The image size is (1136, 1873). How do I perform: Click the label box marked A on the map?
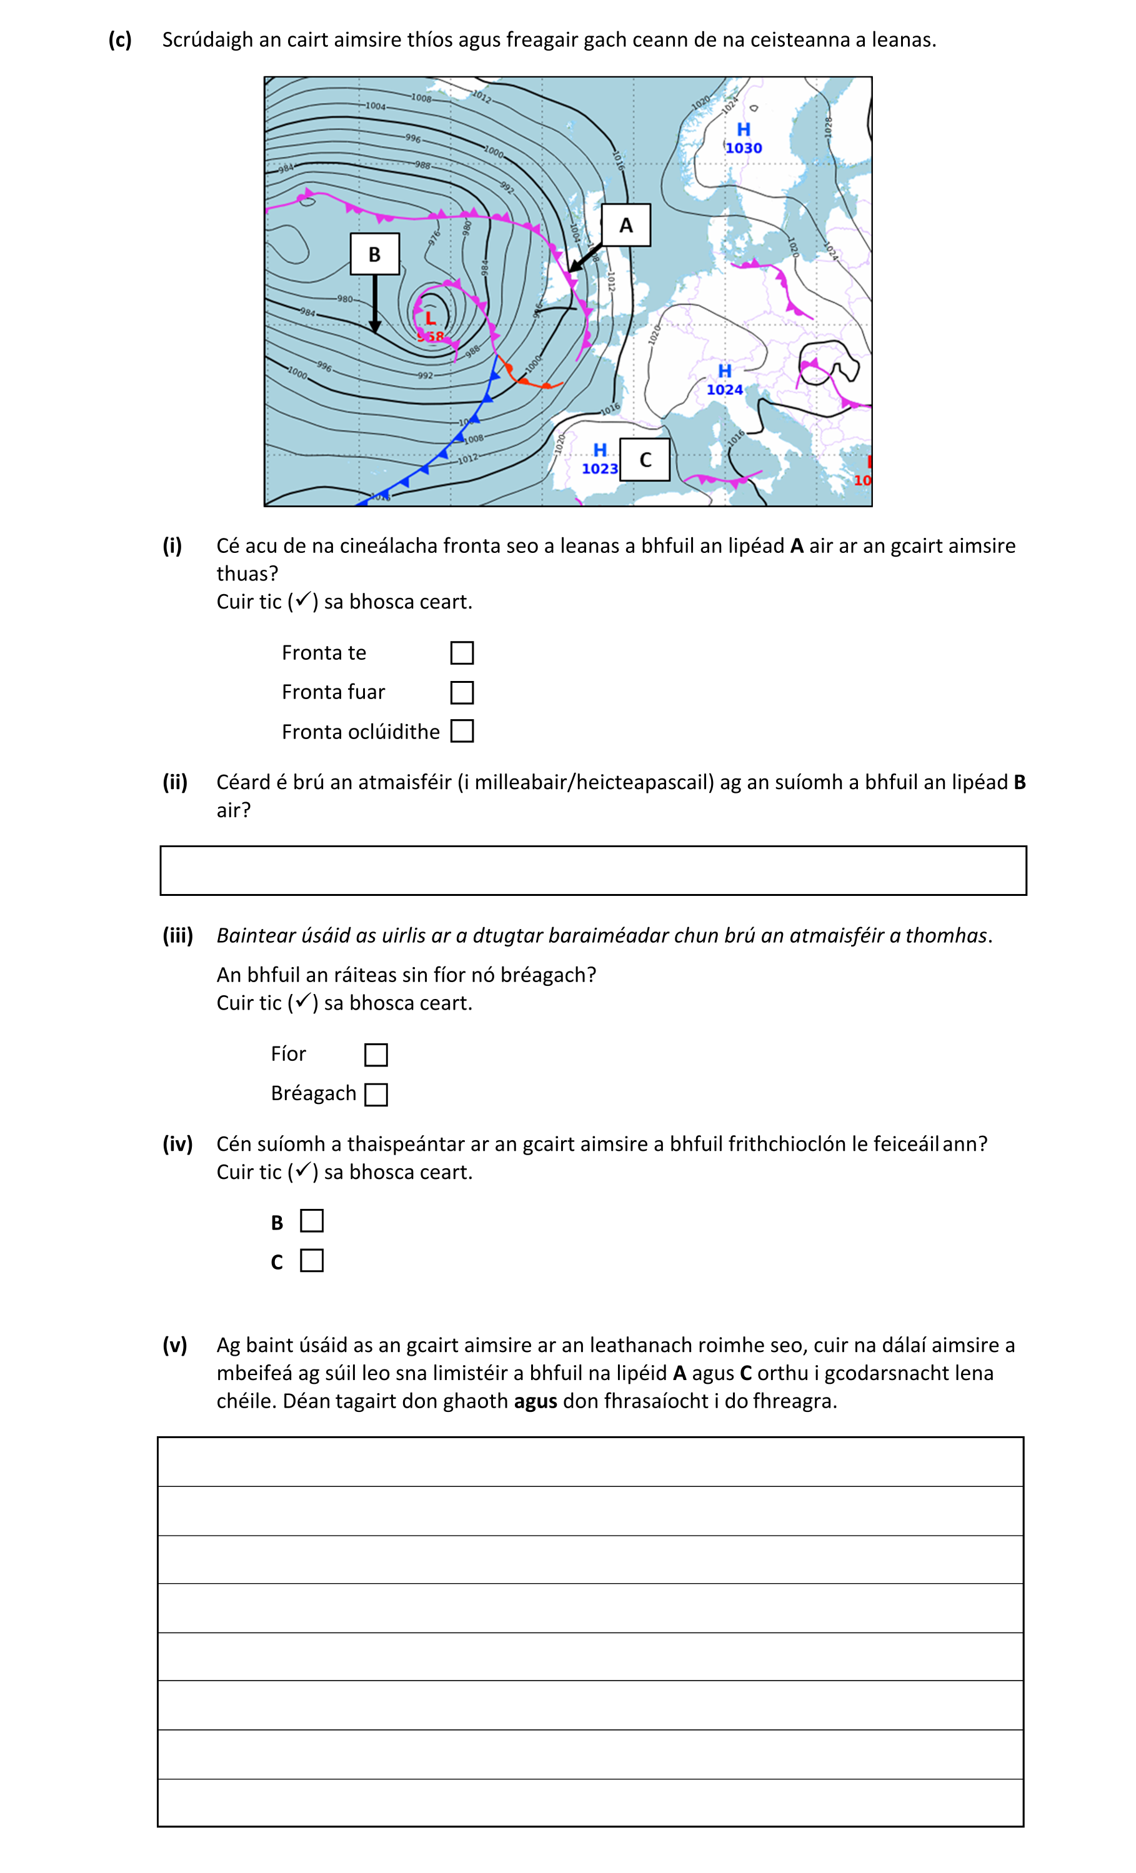[625, 225]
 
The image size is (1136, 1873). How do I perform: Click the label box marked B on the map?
[374, 254]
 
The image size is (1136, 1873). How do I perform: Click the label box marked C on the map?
[645, 459]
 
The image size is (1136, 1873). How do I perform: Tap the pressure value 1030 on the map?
[743, 148]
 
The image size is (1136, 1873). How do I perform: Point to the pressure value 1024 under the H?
[724, 390]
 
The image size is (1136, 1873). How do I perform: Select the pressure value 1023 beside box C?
[599, 469]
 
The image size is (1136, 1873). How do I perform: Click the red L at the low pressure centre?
[430, 318]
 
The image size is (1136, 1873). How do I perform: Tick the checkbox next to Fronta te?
[462, 653]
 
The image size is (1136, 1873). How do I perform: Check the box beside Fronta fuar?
[462, 692]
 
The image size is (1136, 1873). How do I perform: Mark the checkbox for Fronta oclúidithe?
[462, 731]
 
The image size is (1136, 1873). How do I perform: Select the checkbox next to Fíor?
[376, 1055]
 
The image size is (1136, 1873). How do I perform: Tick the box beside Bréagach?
[376, 1094]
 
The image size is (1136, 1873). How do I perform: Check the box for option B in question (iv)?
[312, 1221]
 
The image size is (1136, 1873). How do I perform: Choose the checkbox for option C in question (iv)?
[312, 1260]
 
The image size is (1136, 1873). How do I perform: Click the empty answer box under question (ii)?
[592, 870]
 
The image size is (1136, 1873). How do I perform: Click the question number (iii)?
[178, 935]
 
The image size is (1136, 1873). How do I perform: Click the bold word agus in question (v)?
[536, 1401]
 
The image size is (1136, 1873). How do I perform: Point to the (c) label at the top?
[120, 39]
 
